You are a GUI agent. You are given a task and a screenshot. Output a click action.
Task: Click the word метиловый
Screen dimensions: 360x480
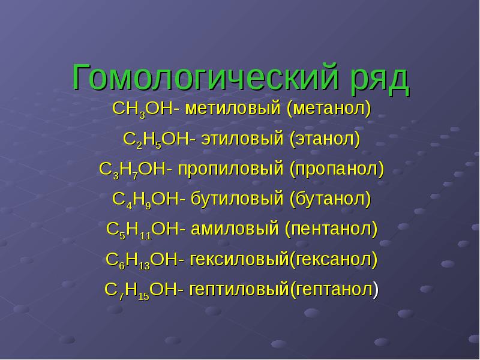233,109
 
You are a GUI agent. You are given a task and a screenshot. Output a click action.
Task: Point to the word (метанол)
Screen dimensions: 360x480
329,109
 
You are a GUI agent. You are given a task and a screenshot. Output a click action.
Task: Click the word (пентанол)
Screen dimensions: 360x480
331,229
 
